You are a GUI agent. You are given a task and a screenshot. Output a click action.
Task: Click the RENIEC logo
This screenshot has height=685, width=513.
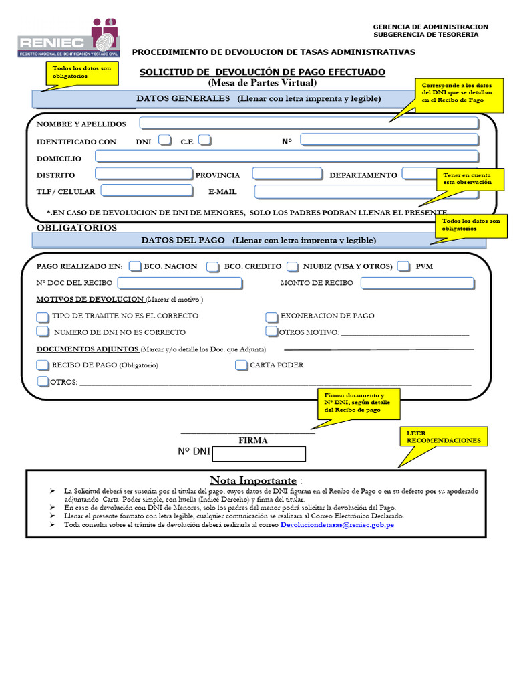[69, 37]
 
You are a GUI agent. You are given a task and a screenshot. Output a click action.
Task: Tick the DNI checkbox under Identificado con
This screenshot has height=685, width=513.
[166, 140]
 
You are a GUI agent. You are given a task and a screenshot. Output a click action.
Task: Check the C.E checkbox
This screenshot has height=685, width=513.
[205, 140]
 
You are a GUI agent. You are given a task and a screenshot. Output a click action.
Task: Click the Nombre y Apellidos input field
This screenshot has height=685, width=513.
[309, 123]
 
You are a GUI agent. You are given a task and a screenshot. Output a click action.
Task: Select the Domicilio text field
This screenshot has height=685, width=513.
[287, 157]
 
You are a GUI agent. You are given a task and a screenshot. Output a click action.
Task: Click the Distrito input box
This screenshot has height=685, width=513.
[144, 174]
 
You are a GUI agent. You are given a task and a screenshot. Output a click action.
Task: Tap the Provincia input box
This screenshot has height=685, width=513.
[287, 174]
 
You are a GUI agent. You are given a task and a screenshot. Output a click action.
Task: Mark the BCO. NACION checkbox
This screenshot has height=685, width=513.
[135, 266]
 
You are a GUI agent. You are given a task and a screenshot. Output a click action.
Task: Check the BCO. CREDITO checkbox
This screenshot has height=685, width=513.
[212, 266]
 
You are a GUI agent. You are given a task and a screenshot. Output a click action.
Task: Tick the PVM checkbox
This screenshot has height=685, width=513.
[403, 266]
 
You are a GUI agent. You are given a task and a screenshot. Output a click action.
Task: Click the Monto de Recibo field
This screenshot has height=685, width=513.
[418, 283]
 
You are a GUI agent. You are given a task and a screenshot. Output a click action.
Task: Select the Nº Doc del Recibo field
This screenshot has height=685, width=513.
[180, 283]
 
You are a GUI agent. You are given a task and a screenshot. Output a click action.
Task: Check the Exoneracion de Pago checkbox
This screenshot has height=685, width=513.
[271, 316]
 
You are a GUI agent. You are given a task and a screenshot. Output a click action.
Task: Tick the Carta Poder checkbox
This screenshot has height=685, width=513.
[242, 365]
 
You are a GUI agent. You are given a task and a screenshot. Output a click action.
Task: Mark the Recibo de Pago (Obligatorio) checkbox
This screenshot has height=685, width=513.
[43, 365]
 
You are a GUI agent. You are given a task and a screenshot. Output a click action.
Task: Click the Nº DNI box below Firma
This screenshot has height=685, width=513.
[259, 454]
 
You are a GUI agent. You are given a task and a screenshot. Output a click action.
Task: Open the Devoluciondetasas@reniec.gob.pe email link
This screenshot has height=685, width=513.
[337, 526]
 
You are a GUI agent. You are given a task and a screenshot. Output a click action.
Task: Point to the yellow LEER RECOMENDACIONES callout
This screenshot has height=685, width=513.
[444, 437]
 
